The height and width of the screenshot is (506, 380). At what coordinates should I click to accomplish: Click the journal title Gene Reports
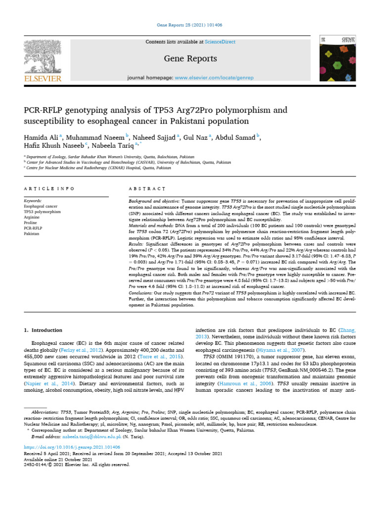click(190, 59)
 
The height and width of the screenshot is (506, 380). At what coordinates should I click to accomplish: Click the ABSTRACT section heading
click(147, 189)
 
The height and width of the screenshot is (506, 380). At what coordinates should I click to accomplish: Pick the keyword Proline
click(31, 222)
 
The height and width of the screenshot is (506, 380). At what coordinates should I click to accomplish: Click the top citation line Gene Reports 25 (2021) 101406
click(190, 25)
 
